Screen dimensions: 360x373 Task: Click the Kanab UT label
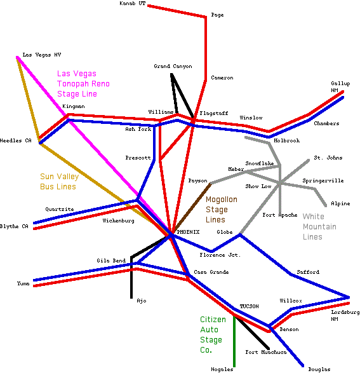[x=132, y=3]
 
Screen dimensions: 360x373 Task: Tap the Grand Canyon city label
[x=173, y=66]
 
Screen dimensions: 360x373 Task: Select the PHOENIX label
[x=188, y=232]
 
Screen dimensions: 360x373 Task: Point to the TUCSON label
[x=249, y=306]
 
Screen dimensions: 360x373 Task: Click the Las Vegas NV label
[x=42, y=55]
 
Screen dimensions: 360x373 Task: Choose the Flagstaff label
[x=213, y=113]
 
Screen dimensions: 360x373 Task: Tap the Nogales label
[x=222, y=369]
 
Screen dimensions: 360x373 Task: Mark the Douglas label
[x=319, y=369]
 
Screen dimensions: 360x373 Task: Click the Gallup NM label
[x=340, y=86]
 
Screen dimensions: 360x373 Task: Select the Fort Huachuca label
[x=266, y=352]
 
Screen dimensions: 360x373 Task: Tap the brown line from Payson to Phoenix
[x=192, y=208]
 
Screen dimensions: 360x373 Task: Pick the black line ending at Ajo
[x=131, y=277]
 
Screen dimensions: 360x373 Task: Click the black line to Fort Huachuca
[x=252, y=333]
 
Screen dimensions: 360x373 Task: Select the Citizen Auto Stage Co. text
[x=213, y=334]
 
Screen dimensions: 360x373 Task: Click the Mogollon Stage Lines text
[x=222, y=209]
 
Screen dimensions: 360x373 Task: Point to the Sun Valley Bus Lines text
[x=59, y=181]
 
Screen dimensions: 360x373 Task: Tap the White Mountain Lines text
[x=319, y=226]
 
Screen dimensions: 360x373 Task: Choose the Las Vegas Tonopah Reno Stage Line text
[x=83, y=83]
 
